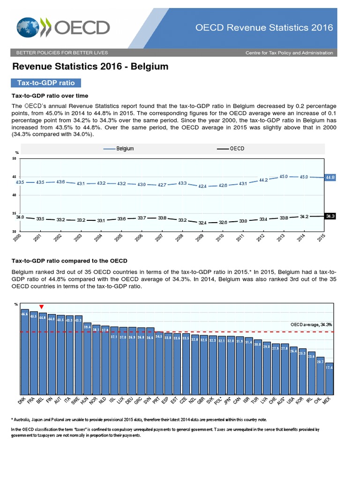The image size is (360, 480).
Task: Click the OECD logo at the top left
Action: (63, 27)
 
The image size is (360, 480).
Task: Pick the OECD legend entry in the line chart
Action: (231, 149)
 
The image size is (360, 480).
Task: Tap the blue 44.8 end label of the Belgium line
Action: (330, 178)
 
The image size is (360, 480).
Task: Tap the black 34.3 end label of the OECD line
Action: (330, 216)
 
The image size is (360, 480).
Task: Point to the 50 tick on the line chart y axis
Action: (14, 158)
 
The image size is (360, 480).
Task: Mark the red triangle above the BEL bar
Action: (42, 307)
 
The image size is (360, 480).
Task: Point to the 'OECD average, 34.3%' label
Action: (311, 324)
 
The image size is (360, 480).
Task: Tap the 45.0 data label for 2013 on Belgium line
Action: (284, 177)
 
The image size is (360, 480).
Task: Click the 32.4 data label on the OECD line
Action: (202, 223)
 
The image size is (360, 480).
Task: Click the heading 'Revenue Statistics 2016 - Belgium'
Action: (90, 67)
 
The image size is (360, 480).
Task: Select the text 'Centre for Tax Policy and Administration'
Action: (289, 53)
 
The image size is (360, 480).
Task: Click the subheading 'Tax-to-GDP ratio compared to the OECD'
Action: (69, 260)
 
